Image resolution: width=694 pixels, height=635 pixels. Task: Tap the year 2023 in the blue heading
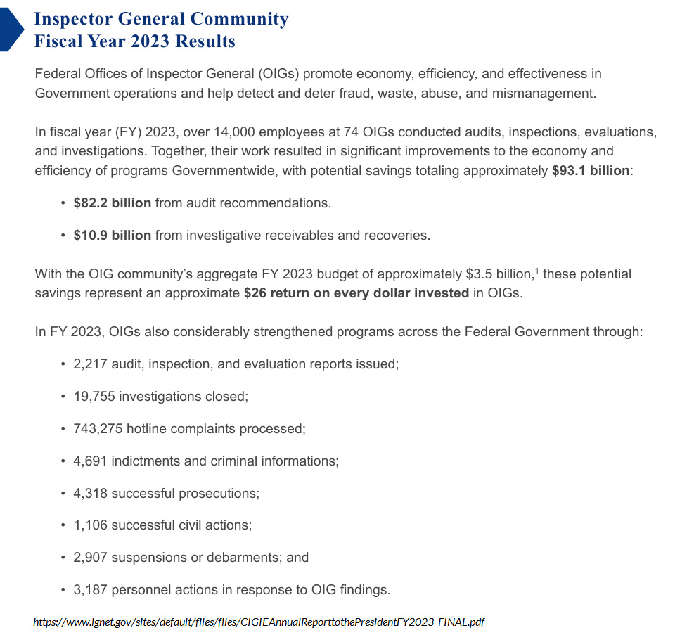tap(148, 41)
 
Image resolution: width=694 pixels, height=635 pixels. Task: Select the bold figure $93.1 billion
tap(591, 171)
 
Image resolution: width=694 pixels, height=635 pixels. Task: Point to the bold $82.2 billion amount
tap(113, 203)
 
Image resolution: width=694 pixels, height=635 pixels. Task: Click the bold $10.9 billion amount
tap(113, 236)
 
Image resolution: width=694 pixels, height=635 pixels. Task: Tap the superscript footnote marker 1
tap(537, 270)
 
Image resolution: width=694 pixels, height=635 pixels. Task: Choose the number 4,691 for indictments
tap(89, 461)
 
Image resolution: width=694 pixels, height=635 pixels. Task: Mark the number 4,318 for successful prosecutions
tap(89, 493)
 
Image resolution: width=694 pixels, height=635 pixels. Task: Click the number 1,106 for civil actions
tap(89, 525)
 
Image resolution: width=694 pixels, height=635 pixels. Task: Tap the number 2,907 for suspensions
tap(89, 557)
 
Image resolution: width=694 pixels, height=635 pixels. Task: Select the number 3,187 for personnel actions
tap(89, 589)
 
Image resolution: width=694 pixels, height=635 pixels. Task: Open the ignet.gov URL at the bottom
tap(259, 622)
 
